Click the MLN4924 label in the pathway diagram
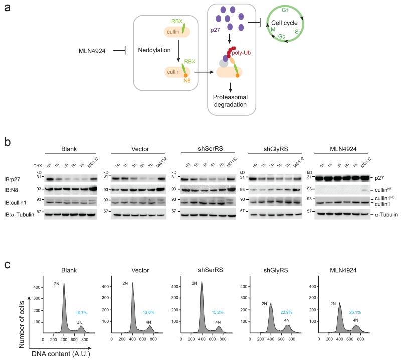pyautogui.click(x=95, y=51)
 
